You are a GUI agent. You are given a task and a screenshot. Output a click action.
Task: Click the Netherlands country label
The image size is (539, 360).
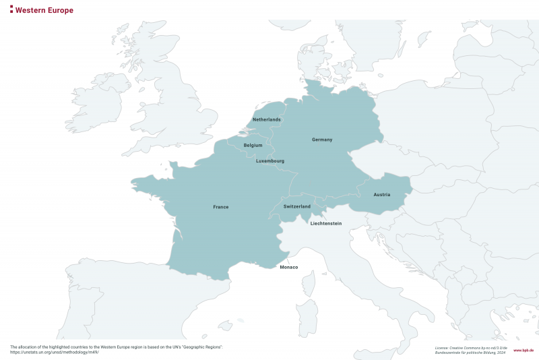266,119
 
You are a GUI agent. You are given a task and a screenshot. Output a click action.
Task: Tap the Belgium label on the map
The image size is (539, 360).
253,145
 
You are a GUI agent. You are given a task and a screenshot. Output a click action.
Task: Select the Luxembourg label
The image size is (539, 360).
269,161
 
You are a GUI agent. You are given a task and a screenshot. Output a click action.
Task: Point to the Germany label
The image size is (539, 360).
322,140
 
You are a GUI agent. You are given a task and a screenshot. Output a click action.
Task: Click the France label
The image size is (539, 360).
220,207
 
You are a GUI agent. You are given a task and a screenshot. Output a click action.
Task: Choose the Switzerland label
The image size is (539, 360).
296,206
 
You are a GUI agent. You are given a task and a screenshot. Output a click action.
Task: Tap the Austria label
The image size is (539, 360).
381,195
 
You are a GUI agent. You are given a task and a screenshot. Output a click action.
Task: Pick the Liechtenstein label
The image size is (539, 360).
325,223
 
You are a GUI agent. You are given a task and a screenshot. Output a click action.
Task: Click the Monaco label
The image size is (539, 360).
288,268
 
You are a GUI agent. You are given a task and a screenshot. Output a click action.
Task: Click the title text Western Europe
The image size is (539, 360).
44,11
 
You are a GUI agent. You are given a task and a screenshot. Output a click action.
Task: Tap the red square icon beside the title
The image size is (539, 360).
11,10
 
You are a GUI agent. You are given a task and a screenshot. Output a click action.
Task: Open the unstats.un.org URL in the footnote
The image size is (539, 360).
55,352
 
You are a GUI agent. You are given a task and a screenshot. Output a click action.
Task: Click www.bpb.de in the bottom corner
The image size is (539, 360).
523,351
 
